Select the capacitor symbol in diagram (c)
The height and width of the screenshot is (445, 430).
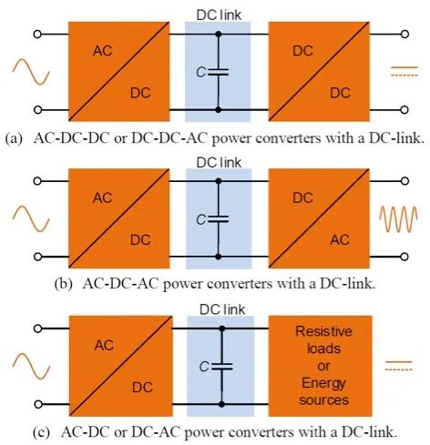coord(222,367)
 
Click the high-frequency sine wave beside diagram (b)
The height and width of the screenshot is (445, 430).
coord(398,219)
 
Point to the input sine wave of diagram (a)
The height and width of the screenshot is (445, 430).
coord(31,72)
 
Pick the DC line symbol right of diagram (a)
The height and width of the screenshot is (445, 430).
coord(404,71)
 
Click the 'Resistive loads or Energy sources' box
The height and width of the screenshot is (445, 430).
coord(320,366)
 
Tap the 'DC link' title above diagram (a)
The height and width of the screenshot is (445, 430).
coord(219,15)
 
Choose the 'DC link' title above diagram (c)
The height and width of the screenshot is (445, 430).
coord(222,309)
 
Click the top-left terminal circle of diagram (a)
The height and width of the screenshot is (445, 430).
coord(37,35)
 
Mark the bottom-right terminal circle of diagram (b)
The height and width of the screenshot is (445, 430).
coord(404,257)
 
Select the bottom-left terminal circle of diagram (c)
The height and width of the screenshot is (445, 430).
coord(38,404)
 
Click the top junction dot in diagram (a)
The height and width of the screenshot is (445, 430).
coord(218,34)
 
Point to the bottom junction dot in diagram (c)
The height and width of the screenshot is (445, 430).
coord(222,404)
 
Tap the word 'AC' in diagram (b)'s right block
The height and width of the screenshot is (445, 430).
coord(340,240)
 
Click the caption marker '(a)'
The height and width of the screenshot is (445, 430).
coord(14,138)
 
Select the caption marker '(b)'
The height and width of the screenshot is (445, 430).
coord(64,284)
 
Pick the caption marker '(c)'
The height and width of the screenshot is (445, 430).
coord(41,432)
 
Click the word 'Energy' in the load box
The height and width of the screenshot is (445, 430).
coord(323,384)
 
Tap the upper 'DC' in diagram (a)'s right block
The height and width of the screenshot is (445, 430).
coord(302,51)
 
